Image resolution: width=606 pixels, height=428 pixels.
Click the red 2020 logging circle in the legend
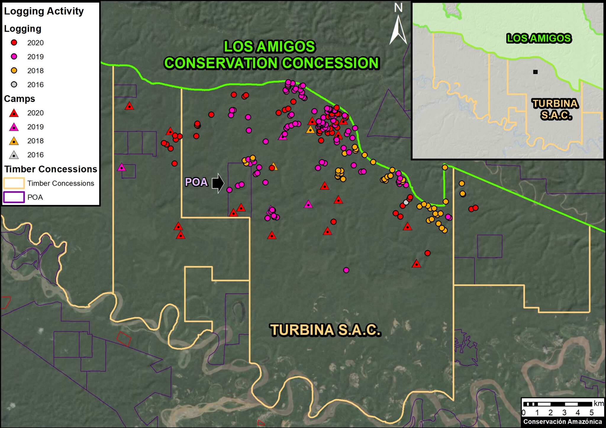(14, 43)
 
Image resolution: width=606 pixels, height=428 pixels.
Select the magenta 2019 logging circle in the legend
(14, 56)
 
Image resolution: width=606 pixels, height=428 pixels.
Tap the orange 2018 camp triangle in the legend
(14, 141)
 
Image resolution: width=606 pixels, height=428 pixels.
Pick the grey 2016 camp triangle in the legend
(14, 155)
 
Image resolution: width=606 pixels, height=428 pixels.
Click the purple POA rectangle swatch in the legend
(14, 197)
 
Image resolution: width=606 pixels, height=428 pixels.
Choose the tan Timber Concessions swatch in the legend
(14, 183)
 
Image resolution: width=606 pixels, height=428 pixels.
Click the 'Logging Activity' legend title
(44, 11)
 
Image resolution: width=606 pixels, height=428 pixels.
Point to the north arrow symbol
(398, 30)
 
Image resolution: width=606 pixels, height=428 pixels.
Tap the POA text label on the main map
(196, 182)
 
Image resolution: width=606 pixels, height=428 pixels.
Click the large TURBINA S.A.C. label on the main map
(325, 330)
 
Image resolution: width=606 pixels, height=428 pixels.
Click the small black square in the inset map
(535, 72)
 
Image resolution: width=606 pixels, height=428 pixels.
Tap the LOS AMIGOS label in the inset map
(539, 38)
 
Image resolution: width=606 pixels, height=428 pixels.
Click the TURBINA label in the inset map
(555, 104)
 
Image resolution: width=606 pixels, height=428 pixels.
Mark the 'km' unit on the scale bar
(599, 403)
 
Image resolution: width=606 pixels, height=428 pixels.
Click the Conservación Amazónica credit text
(563, 421)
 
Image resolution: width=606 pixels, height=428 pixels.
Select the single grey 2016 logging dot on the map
(406, 202)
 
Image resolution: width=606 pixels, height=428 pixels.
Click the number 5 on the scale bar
(592, 413)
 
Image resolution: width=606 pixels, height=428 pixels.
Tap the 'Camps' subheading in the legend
(20, 99)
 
